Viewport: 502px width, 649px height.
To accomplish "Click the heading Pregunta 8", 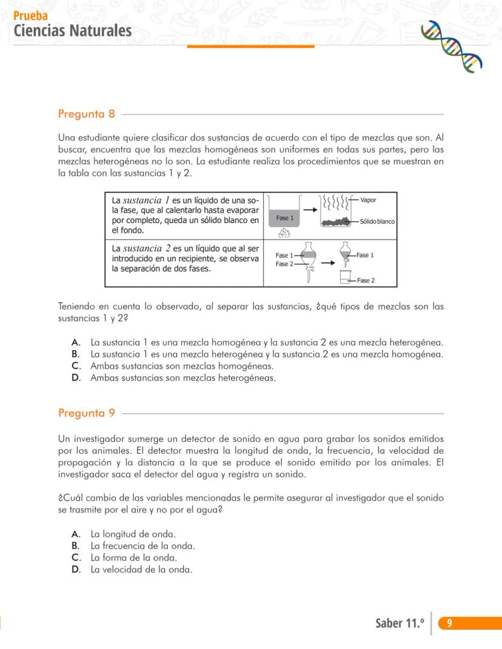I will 87,114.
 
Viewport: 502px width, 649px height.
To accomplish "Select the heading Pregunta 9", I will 87,413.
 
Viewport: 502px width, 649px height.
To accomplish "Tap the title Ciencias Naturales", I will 72,30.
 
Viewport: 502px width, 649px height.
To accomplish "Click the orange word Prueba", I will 30,16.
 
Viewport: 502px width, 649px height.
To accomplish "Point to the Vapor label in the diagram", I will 368,200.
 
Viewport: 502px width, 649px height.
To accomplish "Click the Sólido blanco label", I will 377,222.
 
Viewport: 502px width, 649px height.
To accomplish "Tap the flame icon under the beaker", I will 284,233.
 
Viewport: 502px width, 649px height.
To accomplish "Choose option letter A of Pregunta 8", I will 76,342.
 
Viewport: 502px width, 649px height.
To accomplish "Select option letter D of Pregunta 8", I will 76,378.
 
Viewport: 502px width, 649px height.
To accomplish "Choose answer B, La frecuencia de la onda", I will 142,546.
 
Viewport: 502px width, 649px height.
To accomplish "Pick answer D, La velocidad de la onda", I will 141,570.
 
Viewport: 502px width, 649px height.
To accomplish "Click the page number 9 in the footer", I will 449,623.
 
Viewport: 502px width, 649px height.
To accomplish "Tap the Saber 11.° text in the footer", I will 400,623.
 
